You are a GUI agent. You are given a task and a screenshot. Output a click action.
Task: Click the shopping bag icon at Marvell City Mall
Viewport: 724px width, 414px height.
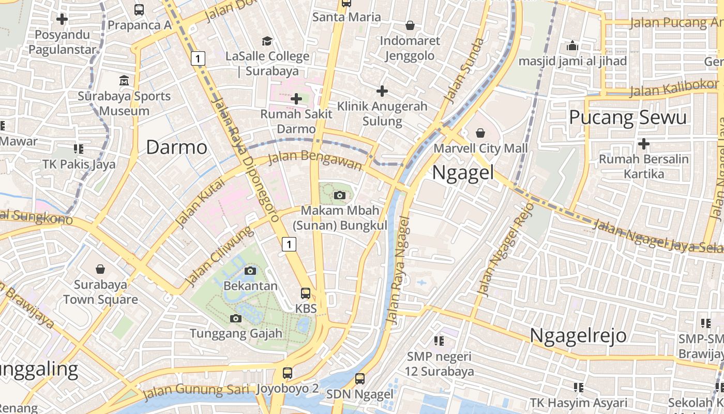(480, 133)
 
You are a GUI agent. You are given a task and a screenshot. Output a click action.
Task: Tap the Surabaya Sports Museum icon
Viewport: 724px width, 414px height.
(124, 81)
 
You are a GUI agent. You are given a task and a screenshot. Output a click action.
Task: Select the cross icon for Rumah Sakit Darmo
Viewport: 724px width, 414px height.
(296, 98)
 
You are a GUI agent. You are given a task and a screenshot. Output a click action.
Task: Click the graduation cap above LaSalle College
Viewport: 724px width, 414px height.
(267, 41)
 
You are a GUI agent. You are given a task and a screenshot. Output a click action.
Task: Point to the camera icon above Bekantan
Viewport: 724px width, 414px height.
(250, 271)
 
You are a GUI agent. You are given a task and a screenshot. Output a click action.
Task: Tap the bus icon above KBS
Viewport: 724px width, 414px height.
(306, 293)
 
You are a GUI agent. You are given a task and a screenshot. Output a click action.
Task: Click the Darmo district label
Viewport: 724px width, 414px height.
(176, 147)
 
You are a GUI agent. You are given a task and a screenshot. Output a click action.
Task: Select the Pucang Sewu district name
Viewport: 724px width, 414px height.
(628, 117)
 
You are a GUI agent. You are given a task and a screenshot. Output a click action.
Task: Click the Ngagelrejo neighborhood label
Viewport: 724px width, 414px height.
(578, 336)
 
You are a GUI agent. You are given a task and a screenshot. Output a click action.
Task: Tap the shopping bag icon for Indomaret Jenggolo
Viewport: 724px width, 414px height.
(410, 25)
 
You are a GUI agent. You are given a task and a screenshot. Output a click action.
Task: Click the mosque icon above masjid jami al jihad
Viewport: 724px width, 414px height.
(572, 46)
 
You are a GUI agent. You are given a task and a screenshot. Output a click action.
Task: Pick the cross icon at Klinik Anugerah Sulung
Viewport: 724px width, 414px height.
(382, 91)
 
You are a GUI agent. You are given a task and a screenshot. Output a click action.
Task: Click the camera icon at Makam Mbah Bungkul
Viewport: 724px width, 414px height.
(340, 195)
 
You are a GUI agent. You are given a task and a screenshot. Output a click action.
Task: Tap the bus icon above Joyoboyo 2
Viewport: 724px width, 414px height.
(287, 373)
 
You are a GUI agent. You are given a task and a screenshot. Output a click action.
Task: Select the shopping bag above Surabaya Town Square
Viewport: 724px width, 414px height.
(100, 269)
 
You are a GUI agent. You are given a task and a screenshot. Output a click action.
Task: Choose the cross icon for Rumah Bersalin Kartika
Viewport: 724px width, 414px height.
(644, 143)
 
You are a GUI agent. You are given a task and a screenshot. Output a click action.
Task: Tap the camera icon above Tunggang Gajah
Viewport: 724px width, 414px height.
(236, 318)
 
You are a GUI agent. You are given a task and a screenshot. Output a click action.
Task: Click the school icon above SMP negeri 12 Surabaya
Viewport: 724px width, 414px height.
(439, 341)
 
